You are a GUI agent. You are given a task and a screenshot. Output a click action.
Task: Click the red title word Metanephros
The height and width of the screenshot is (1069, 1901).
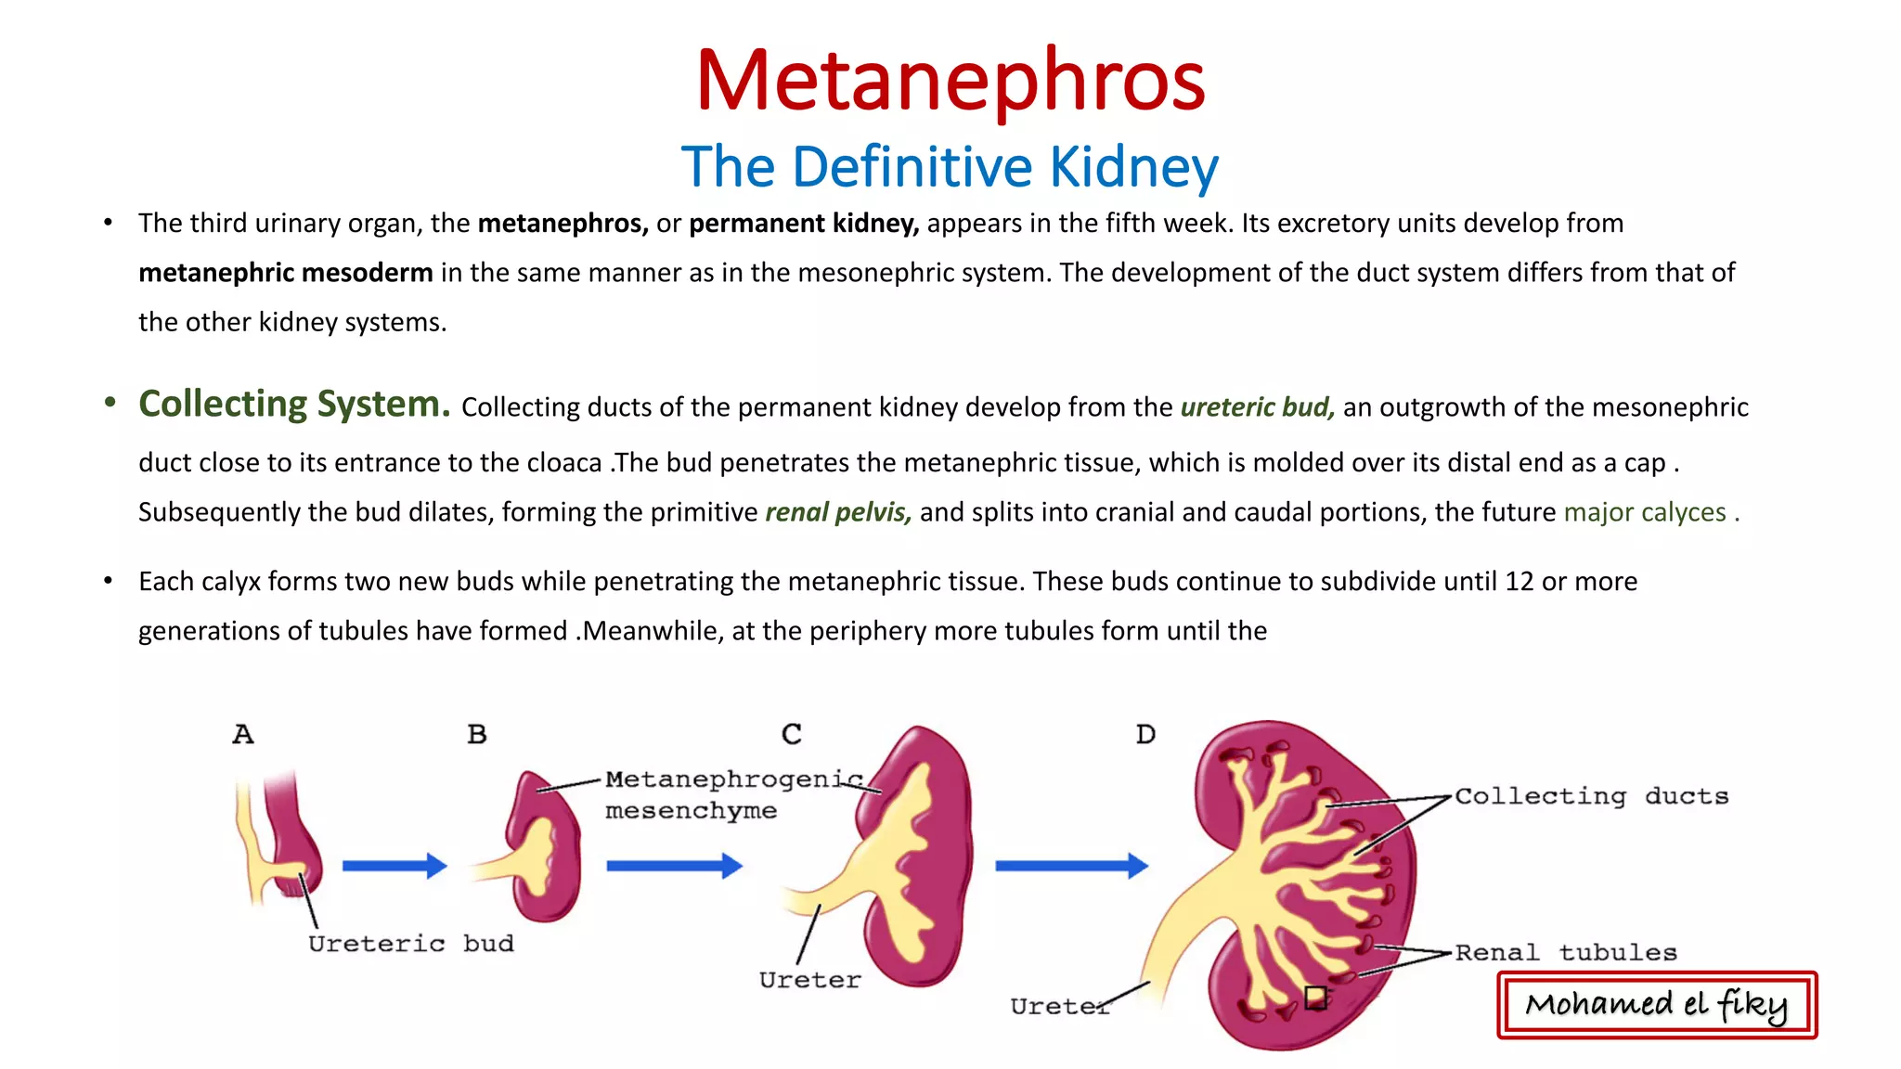(950, 82)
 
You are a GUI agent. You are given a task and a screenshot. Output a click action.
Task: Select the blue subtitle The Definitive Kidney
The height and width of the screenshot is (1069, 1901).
(950, 167)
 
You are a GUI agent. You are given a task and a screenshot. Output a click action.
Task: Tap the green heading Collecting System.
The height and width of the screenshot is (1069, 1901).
(294, 405)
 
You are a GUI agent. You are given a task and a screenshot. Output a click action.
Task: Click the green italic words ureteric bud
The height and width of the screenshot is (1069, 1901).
(1257, 407)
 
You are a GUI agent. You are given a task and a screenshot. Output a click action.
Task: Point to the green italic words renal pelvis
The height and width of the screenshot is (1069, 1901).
(837, 512)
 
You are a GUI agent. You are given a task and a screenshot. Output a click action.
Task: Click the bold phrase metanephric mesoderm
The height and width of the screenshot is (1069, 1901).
(285, 273)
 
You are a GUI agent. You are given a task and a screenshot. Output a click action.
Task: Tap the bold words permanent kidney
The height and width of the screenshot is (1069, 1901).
(803, 224)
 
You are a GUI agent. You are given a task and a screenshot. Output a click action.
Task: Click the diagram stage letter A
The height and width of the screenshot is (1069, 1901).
(243, 735)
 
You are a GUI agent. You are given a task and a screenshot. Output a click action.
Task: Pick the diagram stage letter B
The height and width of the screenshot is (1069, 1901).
(477, 735)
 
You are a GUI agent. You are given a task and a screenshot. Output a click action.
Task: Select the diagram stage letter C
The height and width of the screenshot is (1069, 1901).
(791, 735)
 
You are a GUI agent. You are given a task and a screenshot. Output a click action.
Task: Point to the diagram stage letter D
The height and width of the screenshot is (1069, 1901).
(1145, 735)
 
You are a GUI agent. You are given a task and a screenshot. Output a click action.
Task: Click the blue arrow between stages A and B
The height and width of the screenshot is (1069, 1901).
(394, 866)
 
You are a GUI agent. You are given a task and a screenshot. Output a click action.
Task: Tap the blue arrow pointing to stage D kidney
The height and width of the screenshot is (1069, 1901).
(1071, 866)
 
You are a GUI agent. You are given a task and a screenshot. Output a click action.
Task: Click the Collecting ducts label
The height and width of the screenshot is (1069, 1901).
(1591, 796)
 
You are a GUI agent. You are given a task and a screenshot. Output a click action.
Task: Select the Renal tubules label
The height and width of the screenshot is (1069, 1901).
(1566, 952)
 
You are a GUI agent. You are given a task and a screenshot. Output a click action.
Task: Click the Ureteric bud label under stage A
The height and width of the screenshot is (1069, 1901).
(410, 944)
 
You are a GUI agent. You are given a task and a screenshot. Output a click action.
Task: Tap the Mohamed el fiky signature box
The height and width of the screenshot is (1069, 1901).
(1657, 1005)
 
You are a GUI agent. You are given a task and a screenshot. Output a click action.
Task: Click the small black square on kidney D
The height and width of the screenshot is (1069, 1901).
(1315, 998)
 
